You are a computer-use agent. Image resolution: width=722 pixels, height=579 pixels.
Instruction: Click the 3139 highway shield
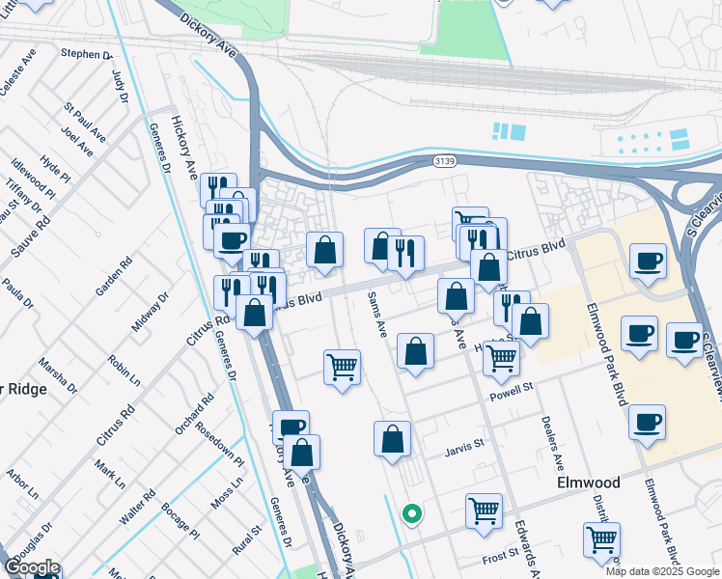(x=445, y=160)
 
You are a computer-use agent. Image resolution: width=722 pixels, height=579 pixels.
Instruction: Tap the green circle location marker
(x=412, y=514)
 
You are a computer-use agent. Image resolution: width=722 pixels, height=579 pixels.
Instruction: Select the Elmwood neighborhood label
(x=587, y=482)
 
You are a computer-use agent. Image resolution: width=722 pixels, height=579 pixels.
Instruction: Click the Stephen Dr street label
(x=87, y=54)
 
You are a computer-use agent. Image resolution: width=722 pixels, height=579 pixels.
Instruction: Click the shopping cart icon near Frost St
(x=601, y=538)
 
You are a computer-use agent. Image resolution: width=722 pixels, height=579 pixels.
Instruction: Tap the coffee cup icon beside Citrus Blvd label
(x=647, y=260)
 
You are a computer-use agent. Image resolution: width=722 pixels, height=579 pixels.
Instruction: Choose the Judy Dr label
(x=120, y=85)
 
